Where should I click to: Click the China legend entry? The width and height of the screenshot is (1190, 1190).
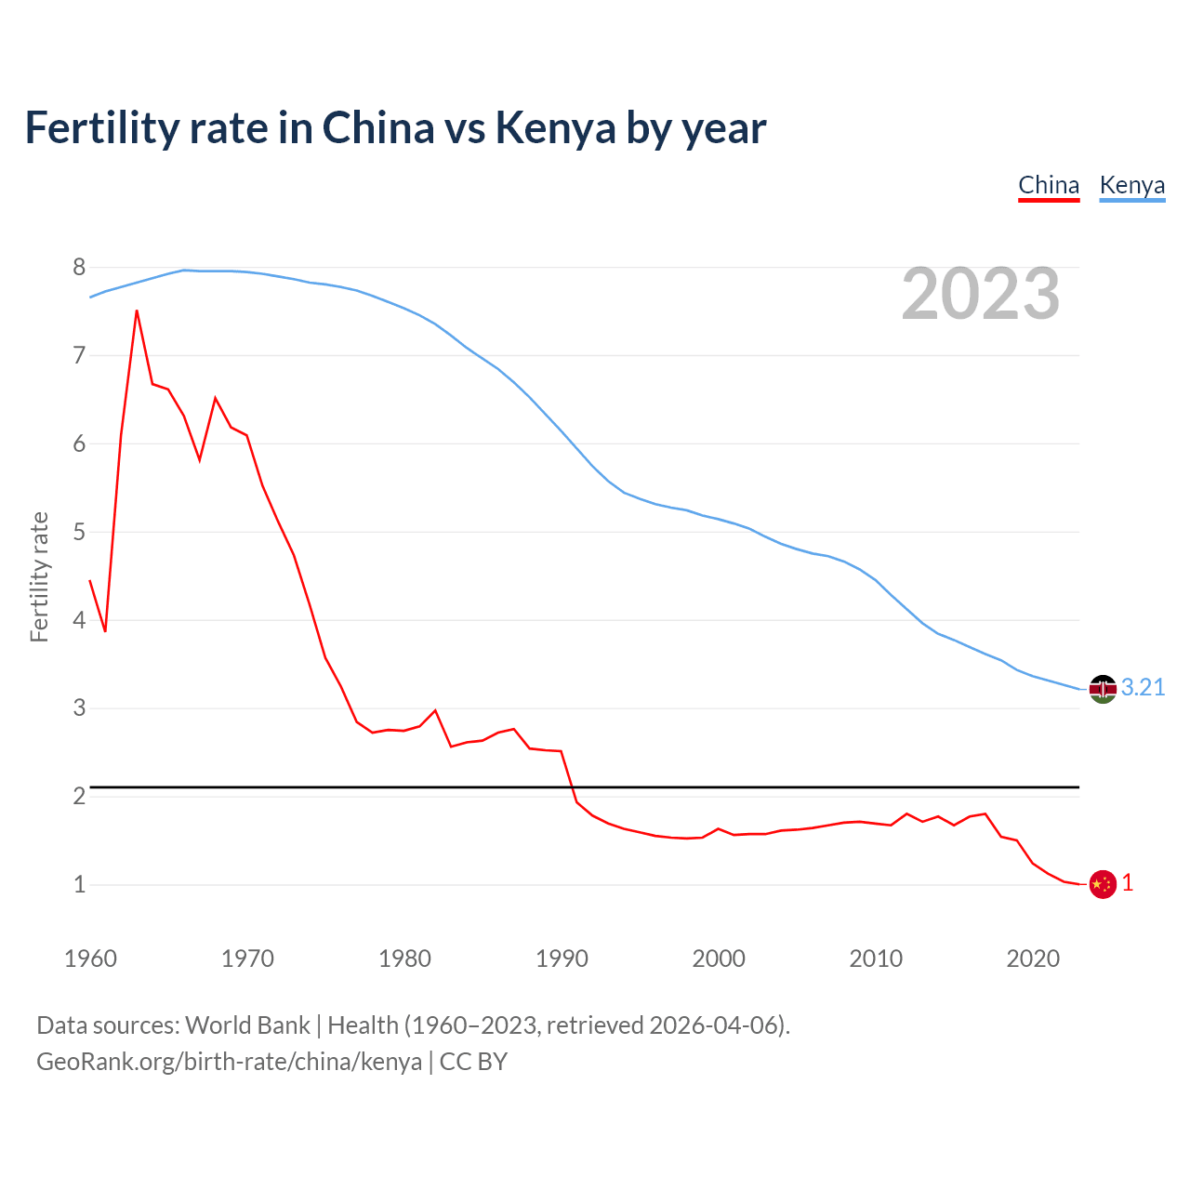coord(1049,185)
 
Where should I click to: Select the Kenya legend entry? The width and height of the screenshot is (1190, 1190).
coord(1131,185)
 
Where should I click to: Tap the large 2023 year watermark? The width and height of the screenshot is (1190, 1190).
coord(980,294)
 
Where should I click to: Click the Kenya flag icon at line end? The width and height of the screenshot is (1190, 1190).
coord(1102,689)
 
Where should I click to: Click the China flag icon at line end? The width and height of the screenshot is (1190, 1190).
coord(1102,884)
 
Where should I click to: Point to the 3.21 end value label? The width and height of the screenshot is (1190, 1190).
coord(1143,687)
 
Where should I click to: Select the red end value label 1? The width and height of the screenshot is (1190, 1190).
coord(1128,883)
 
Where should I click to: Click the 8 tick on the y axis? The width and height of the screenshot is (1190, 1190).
coord(79,268)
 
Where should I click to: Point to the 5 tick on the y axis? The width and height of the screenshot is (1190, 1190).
coord(79,533)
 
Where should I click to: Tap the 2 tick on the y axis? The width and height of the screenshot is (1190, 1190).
coord(79,797)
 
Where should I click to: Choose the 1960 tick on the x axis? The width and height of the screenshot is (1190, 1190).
coord(90,959)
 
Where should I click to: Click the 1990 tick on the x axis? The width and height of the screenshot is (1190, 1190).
coord(562,959)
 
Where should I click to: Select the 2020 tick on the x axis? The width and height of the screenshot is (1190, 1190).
coord(1033,959)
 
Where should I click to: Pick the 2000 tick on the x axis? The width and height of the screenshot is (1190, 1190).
coord(719,959)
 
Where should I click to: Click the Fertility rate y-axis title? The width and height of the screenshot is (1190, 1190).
coord(39,576)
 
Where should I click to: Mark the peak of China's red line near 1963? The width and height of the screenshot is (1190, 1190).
coord(137,311)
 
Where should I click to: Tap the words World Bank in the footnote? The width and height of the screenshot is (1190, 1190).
coord(247,1025)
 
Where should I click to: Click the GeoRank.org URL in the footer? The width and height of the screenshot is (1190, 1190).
coord(229,1062)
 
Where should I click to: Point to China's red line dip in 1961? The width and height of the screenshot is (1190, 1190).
coord(105,631)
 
